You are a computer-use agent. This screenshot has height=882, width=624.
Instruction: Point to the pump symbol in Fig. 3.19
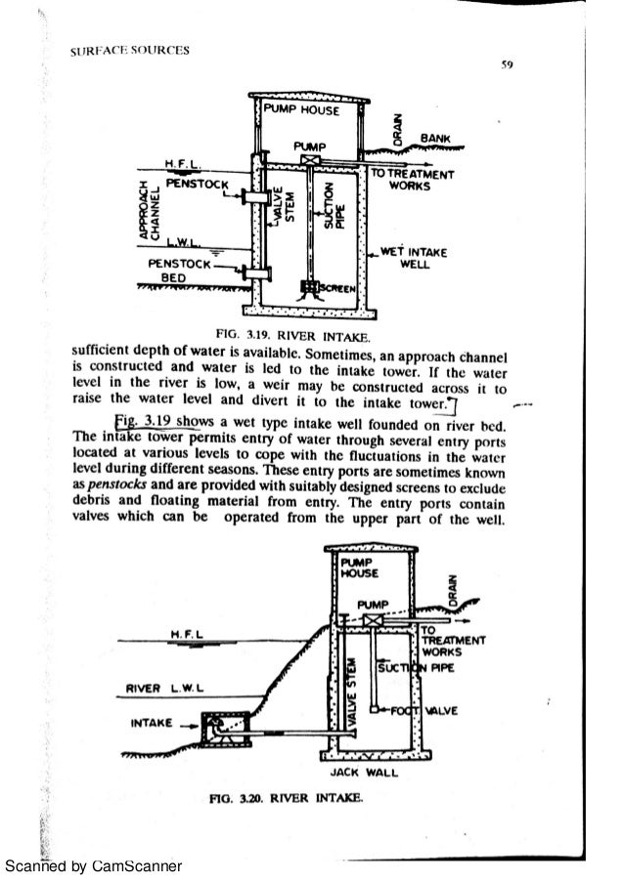pyautogui.click(x=310, y=160)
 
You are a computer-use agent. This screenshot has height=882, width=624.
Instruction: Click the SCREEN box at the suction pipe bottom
pyautogui.click(x=314, y=286)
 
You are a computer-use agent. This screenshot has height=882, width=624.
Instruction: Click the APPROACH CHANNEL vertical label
pyautogui.click(x=148, y=208)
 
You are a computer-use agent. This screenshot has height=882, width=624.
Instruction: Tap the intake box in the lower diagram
pyautogui.click(x=216, y=726)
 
